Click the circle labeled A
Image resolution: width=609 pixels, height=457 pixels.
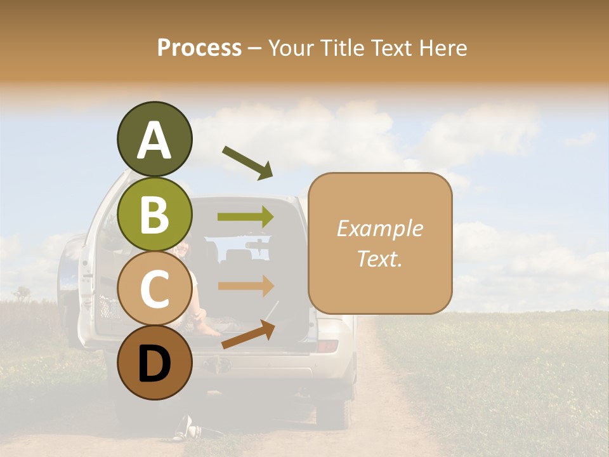point(154,139)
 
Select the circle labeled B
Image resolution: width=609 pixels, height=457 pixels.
point(154,214)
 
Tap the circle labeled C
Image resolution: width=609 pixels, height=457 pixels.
point(154,289)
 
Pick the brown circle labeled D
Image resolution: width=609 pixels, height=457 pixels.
point(154,363)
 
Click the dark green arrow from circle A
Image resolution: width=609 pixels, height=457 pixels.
point(247,162)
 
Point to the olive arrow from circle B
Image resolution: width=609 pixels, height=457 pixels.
point(246,217)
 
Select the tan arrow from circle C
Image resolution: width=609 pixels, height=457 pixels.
point(246,286)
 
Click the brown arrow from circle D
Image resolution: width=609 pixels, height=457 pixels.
point(248,334)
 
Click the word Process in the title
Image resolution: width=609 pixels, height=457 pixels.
point(199,48)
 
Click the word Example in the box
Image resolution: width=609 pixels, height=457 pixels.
point(380,228)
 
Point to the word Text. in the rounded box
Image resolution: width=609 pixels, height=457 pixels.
point(380,259)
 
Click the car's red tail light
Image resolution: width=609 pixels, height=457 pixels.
point(327,346)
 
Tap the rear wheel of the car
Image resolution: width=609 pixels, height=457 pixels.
point(337,411)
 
